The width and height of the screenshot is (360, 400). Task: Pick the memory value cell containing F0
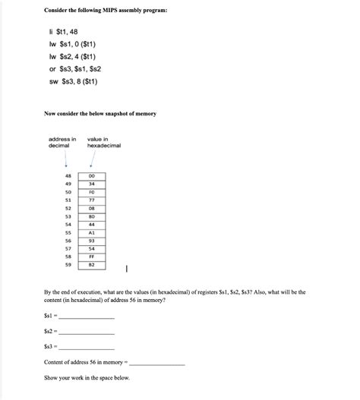click(92, 192)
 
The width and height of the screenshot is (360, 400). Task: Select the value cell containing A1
click(92, 232)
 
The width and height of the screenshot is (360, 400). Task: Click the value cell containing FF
click(92, 257)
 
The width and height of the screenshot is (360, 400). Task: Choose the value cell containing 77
click(92, 200)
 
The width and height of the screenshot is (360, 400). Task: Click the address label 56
click(68, 241)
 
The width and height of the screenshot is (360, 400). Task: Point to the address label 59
click(68, 265)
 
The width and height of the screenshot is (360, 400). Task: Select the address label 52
click(68, 208)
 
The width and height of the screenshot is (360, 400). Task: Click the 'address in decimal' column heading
click(62, 143)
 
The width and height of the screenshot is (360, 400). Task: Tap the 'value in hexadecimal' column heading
click(103, 143)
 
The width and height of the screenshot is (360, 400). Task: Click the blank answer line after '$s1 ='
click(87, 317)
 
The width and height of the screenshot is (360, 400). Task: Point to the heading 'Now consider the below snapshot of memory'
click(100, 113)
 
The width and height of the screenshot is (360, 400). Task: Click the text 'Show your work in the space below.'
click(87, 377)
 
